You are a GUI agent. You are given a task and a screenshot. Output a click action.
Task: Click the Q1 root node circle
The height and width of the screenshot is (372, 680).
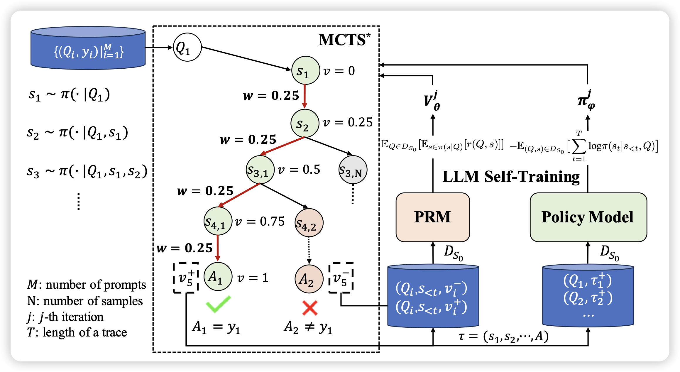(187, 47)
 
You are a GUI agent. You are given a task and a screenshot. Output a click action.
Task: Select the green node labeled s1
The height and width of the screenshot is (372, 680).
(305, 70)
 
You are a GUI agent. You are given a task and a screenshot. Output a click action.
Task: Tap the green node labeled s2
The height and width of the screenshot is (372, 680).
(305, 123)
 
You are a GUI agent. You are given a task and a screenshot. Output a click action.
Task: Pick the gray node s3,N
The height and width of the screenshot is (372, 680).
(353, 170)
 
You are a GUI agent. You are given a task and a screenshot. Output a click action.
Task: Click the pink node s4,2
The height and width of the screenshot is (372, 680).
(309, 223)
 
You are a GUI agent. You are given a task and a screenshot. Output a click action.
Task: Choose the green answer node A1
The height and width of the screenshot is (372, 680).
(218, 277)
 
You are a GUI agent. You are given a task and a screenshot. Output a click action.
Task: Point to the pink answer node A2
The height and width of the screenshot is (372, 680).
(309, 279)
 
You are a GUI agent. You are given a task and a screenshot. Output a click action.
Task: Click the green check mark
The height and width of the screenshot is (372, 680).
(218, 304)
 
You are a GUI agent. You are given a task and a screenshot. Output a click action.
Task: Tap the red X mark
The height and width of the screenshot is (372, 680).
(310, 308)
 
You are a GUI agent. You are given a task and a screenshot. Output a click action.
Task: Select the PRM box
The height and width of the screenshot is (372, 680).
(433, 217)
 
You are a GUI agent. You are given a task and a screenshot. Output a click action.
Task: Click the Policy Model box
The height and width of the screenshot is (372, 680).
(588, 217)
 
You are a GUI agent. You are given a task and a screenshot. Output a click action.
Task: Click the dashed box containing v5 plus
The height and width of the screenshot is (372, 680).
(186, 278)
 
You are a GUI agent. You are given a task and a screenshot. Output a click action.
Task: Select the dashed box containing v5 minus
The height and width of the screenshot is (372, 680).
(341, 278)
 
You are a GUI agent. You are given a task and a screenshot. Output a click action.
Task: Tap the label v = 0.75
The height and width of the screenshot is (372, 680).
(260, 221)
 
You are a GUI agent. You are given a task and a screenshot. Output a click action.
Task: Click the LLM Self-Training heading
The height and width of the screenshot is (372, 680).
(511, 177)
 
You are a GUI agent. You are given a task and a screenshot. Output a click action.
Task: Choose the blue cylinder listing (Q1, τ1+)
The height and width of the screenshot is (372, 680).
(588, 295)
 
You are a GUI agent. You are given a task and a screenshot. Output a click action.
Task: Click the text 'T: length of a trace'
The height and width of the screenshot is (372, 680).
(77, 332)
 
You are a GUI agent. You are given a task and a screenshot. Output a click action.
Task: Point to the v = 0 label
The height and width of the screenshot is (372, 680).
(339, 71)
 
